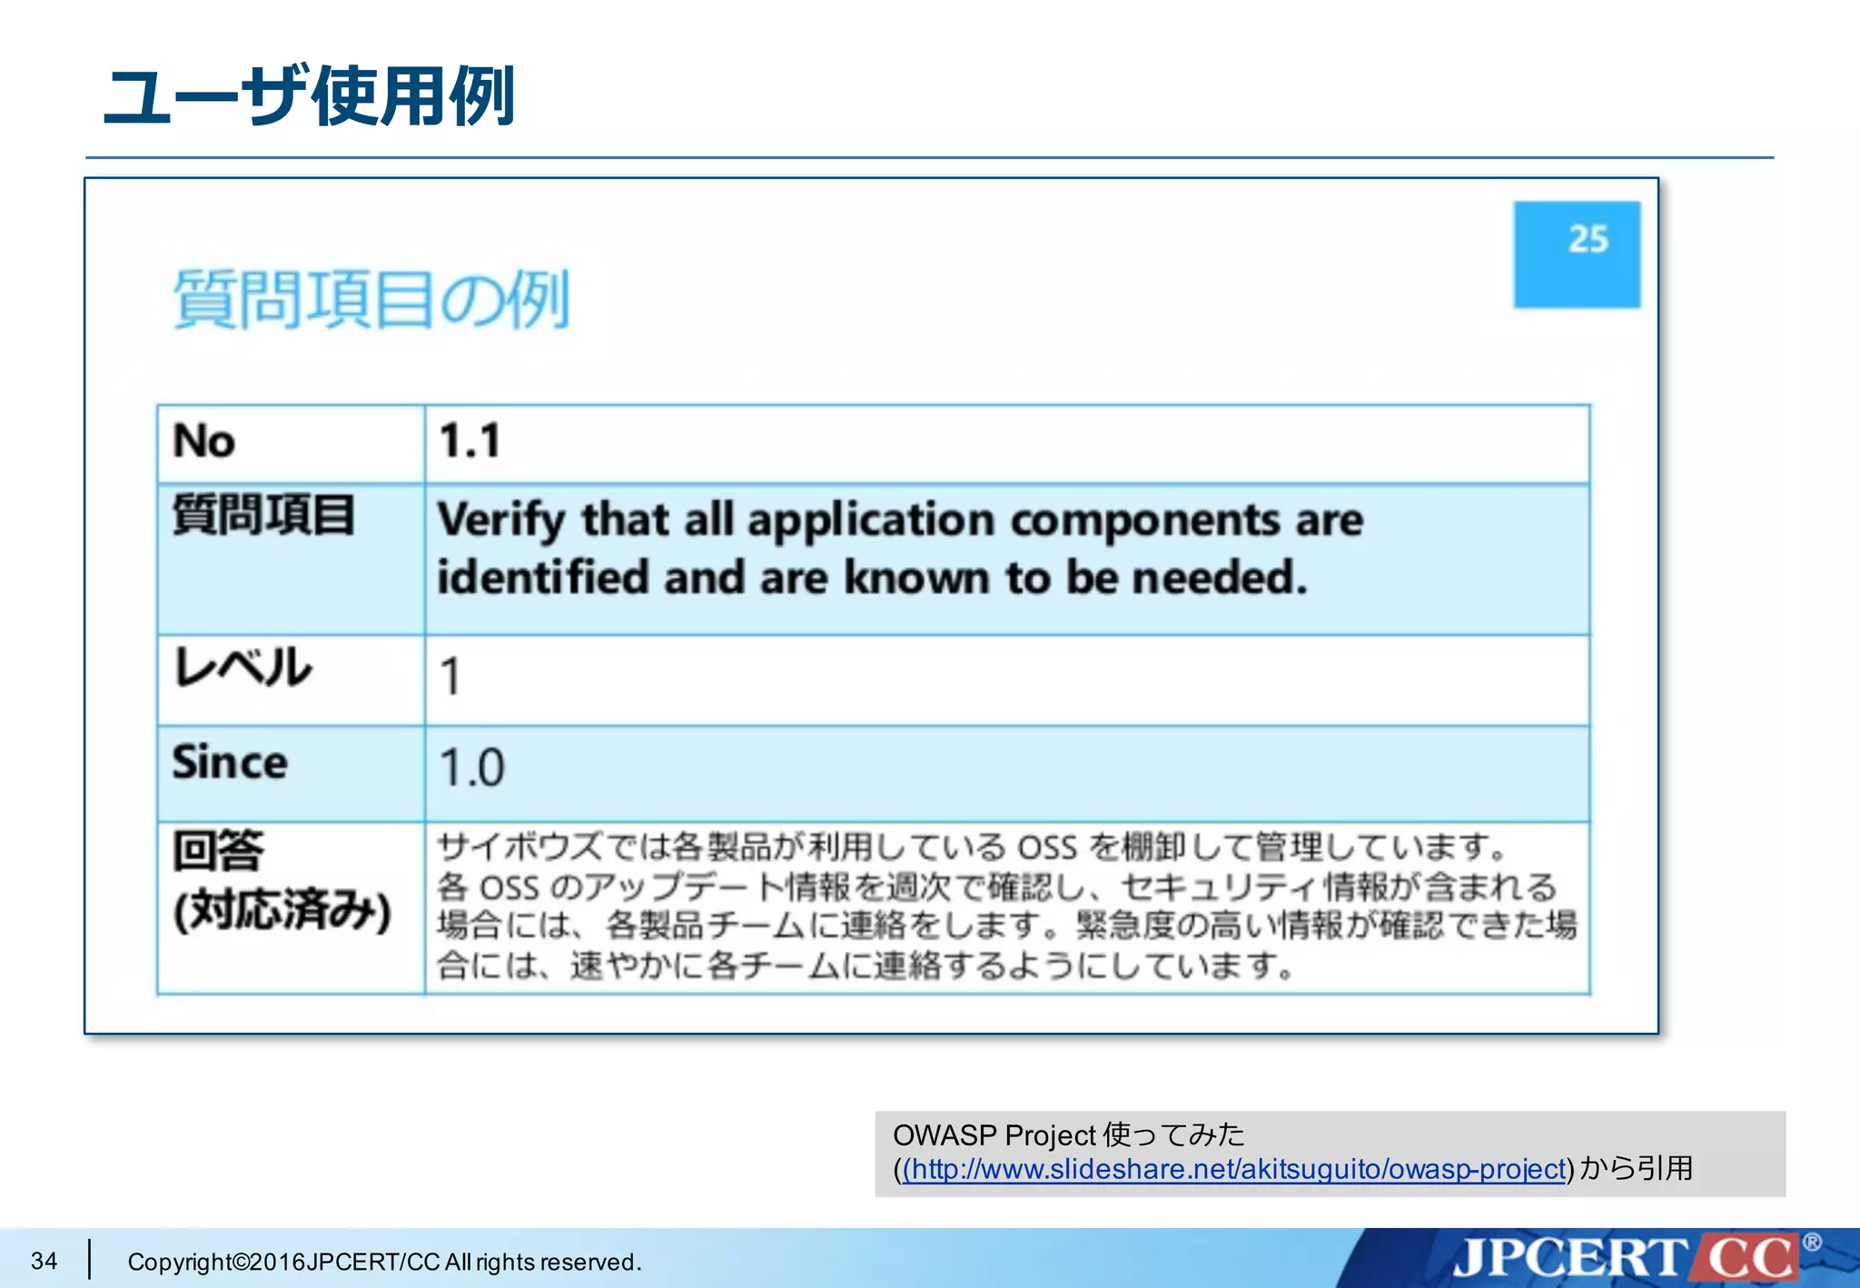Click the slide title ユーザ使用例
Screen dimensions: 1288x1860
pos(310,96)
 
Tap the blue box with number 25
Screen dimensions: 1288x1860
pos(1577,253)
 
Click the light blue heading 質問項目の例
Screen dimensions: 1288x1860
pos(371,299)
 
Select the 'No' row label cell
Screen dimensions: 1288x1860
pos(205,441)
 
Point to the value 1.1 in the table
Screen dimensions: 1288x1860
pos(470,441)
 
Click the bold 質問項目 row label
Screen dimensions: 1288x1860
pos(263,514)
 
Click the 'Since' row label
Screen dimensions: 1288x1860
pos(230,762)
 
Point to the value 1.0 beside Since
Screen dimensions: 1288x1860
pos(471,768)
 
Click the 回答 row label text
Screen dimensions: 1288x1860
pos(218,851)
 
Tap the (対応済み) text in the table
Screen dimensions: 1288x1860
pos(282,910)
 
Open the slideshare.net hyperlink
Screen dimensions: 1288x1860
pos(1234,1169)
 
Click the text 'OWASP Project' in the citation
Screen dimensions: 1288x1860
pos(994,1135)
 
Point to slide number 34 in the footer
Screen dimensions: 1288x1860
pos(44,1261)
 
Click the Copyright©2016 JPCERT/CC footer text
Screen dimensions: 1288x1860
pos(384,1262)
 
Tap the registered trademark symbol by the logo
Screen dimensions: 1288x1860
pos(1811,1242)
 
